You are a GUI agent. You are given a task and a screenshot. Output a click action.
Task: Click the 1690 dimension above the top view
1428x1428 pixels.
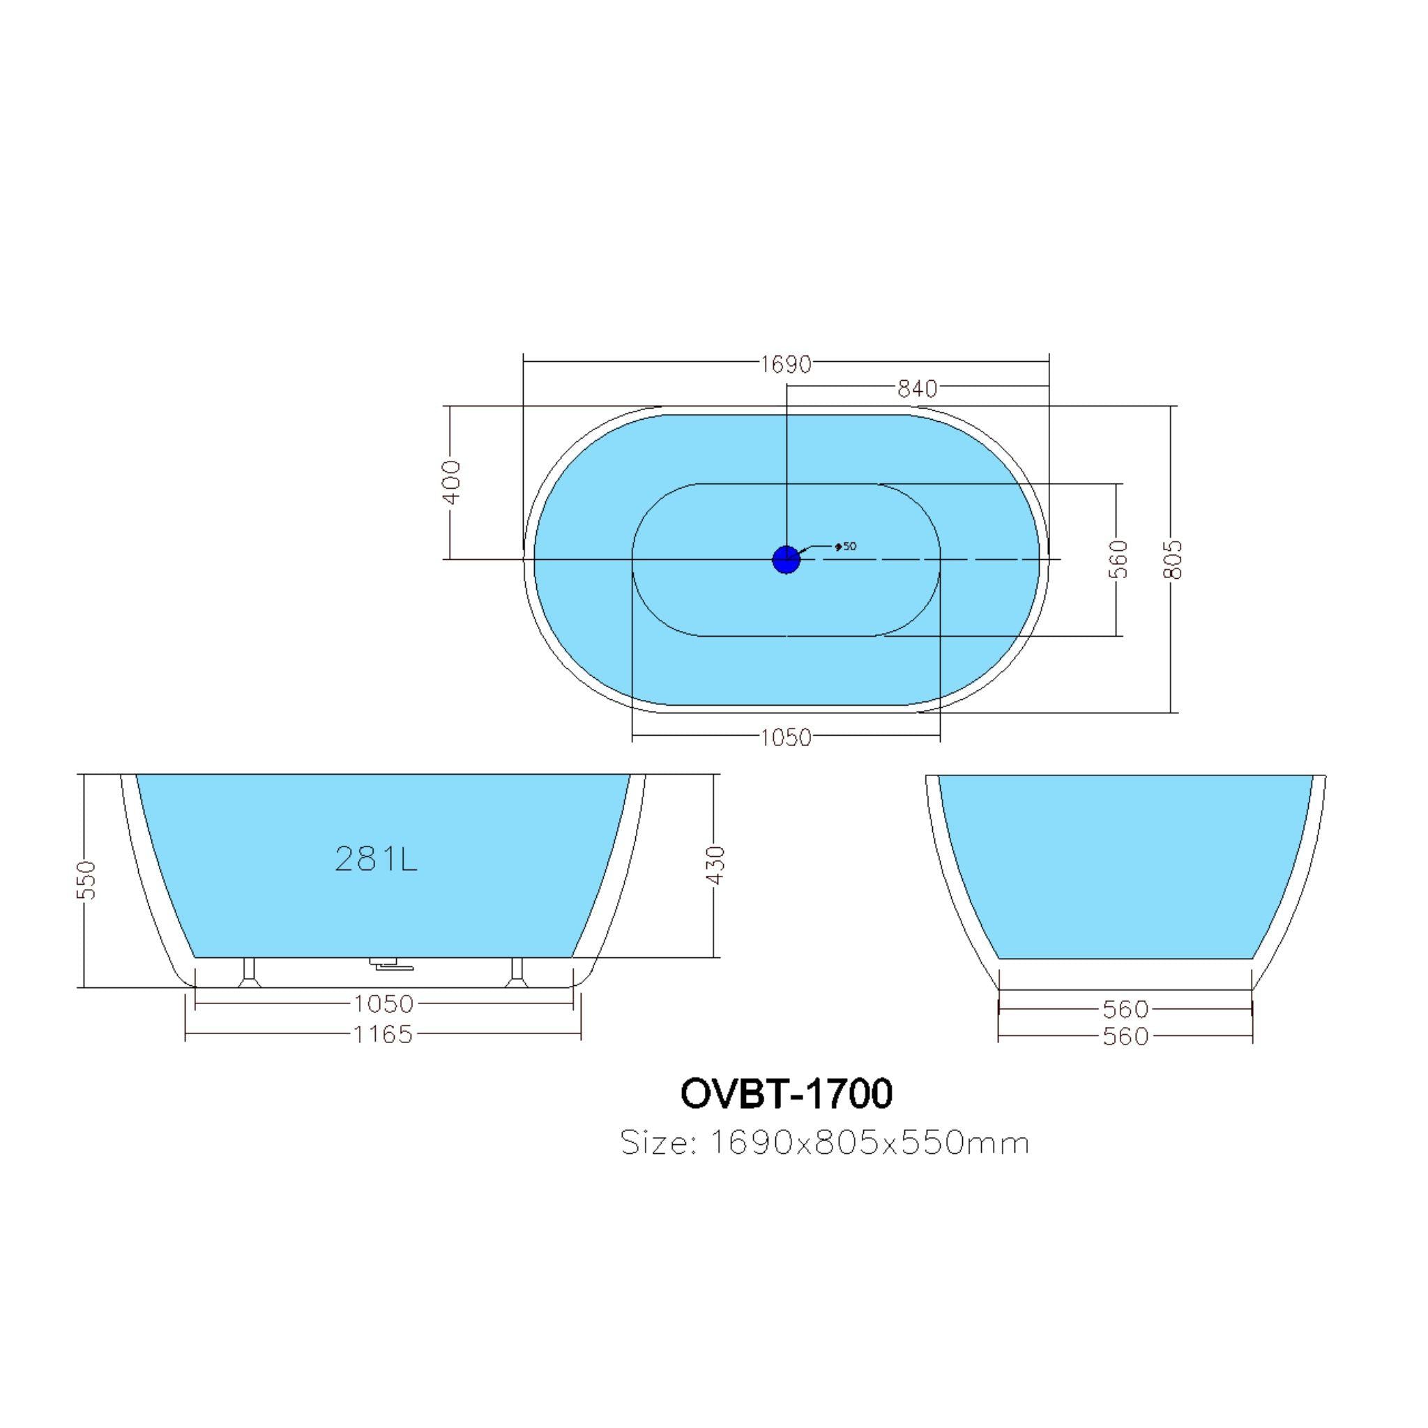coord(786,365)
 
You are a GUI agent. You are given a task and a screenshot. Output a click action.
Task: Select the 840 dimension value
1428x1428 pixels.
coord(916,389)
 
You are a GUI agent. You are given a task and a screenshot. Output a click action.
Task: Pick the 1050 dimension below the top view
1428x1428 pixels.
coord(786,738)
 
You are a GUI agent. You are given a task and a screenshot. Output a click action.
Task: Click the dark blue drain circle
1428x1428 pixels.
coord(786,559)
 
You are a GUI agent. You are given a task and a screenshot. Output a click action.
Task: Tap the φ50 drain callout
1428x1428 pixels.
coord(845,547)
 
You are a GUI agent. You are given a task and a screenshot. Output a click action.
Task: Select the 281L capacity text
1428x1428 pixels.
coord(377,859)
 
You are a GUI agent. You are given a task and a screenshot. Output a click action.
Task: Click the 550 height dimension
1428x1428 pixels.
coord(86,879)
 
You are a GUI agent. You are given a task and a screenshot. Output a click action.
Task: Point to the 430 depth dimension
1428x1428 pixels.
coord(715,865)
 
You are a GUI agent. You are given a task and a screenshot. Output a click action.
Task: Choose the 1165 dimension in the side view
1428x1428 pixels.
coord(382,1034)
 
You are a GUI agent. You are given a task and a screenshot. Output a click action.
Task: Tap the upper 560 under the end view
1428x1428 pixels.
coord(1125,1009)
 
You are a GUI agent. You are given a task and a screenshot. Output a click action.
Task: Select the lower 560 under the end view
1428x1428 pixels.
coord(1125,1037)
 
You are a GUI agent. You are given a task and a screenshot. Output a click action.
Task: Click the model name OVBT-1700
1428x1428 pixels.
coord(786,1094)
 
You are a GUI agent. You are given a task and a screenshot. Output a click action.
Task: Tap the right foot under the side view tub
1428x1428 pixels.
coord(517,973)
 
